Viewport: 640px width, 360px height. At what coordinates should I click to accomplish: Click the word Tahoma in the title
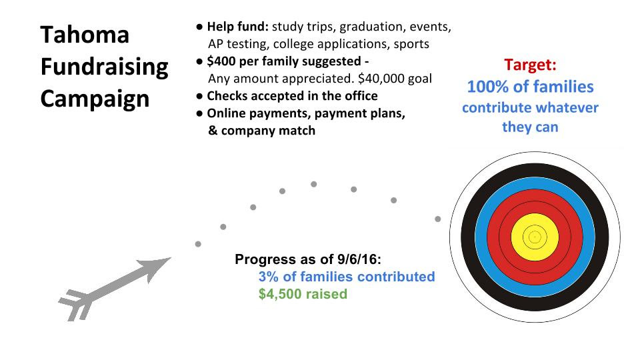click(85, 35)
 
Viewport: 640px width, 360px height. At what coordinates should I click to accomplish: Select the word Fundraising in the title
click(105, 67)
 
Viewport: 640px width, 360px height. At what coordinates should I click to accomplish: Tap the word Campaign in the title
click(95, 99)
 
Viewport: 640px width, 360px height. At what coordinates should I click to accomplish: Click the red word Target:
click(530, 65)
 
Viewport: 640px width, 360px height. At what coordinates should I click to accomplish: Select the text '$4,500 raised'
click(303, 294)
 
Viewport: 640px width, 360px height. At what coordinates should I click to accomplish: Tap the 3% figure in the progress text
click(269, 277)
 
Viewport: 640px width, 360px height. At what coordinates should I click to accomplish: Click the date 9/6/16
click(359, 259)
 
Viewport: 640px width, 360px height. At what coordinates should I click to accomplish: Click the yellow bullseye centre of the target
click(535, 237)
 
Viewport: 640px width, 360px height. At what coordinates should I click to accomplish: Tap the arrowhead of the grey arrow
click(157, 267)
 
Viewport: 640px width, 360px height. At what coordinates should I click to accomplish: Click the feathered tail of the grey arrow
click(76, 305)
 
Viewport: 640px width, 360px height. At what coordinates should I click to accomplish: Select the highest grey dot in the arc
click(313, 184)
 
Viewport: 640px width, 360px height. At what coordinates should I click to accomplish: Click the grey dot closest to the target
click(437, 219)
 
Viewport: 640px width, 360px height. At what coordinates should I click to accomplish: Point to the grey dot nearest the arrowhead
click(198, 244)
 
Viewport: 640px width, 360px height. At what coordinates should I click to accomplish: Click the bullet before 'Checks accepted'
click(199, 96)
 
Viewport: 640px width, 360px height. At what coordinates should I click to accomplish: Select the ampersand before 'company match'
click(213, 131)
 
